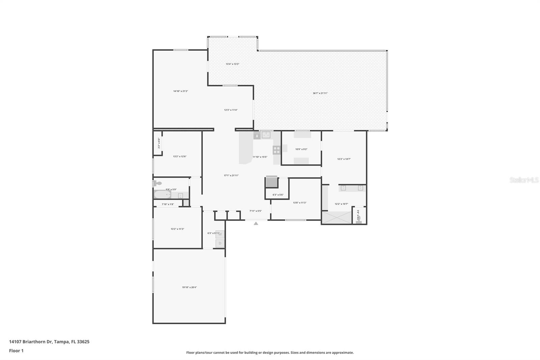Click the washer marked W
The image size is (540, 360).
[220, 234]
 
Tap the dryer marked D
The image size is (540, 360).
[220, 243]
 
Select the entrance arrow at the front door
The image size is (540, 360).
[256, 223]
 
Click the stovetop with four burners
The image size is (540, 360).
[276, 150]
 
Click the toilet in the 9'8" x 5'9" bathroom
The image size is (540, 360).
[157, 183]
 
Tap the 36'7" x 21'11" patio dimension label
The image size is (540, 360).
[320, 93]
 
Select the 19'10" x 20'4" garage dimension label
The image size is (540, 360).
[189, 287]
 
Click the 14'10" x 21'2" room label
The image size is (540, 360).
[181, 91]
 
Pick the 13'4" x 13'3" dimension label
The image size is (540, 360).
[232, 64]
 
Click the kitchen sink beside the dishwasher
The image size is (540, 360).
[266, 135]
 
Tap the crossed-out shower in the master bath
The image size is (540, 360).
[336, 217]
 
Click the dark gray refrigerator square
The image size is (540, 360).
[271, 182]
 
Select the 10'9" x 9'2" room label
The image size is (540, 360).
[301, 149]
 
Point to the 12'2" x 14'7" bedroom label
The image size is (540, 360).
[344, 159]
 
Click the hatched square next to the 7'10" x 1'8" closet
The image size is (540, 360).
[186, 203]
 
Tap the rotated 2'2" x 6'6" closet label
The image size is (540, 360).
[159, 143]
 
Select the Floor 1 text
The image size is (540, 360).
[16, 351]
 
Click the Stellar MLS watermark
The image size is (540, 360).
[524, 180]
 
